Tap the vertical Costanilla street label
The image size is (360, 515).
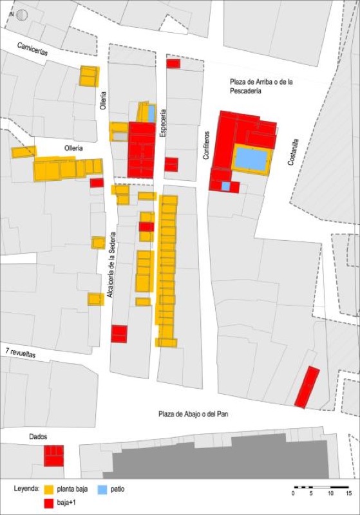point(293,152)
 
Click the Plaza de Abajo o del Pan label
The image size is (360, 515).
point(195,415)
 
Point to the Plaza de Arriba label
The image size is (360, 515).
point(263,86)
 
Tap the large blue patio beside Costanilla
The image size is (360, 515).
point(251,159)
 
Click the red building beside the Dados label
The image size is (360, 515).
point(53,455)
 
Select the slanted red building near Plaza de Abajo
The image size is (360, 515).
point(307,387)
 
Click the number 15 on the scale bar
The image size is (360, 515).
point(348,494)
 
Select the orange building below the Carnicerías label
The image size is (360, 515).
point(89,76)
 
